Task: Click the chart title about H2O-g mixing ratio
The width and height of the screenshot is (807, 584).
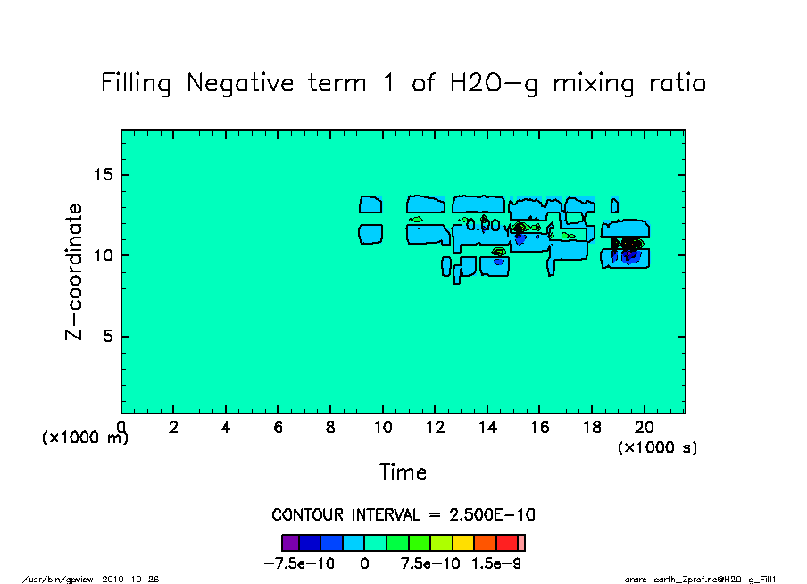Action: pos(403,84)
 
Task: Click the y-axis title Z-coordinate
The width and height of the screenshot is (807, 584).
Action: pos(74,271)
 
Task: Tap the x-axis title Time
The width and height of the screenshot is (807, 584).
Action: pos(403,471)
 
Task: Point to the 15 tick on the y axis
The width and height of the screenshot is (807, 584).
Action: pos(104,175)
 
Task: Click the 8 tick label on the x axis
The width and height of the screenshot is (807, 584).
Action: pos(330,428)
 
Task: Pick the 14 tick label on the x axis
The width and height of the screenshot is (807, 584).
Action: pos(487,428)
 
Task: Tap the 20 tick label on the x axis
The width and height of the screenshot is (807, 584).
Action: pos(644,428)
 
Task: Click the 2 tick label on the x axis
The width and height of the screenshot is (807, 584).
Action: pos(173,428)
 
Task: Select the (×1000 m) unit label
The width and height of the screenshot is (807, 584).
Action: pos(86,438)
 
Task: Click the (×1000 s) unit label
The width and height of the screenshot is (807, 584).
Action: pos(658,447)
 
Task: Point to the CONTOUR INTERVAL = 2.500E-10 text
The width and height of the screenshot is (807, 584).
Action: pos(403,515)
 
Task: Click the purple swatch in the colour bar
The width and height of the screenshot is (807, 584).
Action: pos(290,542)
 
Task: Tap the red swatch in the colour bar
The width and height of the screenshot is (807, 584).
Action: pos(507,542)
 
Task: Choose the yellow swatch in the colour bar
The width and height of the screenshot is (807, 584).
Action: pos(463,542)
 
